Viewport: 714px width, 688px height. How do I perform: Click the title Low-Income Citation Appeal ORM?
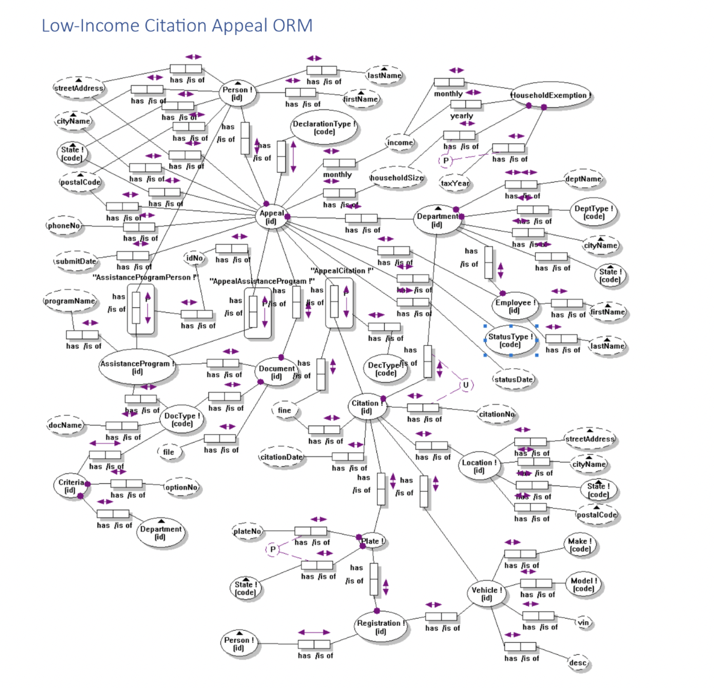pos(177,26)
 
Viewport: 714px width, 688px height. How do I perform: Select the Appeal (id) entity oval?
pos(272,217)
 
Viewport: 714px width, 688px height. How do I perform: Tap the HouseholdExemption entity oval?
pos(550,95)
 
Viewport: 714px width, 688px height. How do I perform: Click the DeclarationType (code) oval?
pos(324,128)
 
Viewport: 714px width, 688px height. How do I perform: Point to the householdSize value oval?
pos(396,178)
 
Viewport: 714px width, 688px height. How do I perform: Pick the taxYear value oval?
pos(455,183)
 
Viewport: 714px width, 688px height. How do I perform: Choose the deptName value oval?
pos(583,179)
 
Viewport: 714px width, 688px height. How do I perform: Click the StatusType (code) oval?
pos(511,340)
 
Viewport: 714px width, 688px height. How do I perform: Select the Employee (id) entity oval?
pos(514,306)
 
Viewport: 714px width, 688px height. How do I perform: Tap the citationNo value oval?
pos(497,414)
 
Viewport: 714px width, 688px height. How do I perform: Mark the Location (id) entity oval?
pos(479,466)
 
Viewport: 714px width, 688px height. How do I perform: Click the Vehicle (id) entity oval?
pos(486,594)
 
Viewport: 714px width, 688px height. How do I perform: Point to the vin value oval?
pos(583,622)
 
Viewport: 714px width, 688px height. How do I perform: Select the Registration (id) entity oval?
pos(380,627)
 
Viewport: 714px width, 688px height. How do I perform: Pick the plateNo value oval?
pos(247,531)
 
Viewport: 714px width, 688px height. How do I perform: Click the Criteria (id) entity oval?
pos(71,486)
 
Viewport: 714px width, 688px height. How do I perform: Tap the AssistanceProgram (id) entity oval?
pos(137,367)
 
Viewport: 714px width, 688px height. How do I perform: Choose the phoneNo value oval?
pos(64,226)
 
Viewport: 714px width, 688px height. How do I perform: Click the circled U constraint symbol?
pos(465,385)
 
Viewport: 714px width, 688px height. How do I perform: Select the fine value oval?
pos(284,411)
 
